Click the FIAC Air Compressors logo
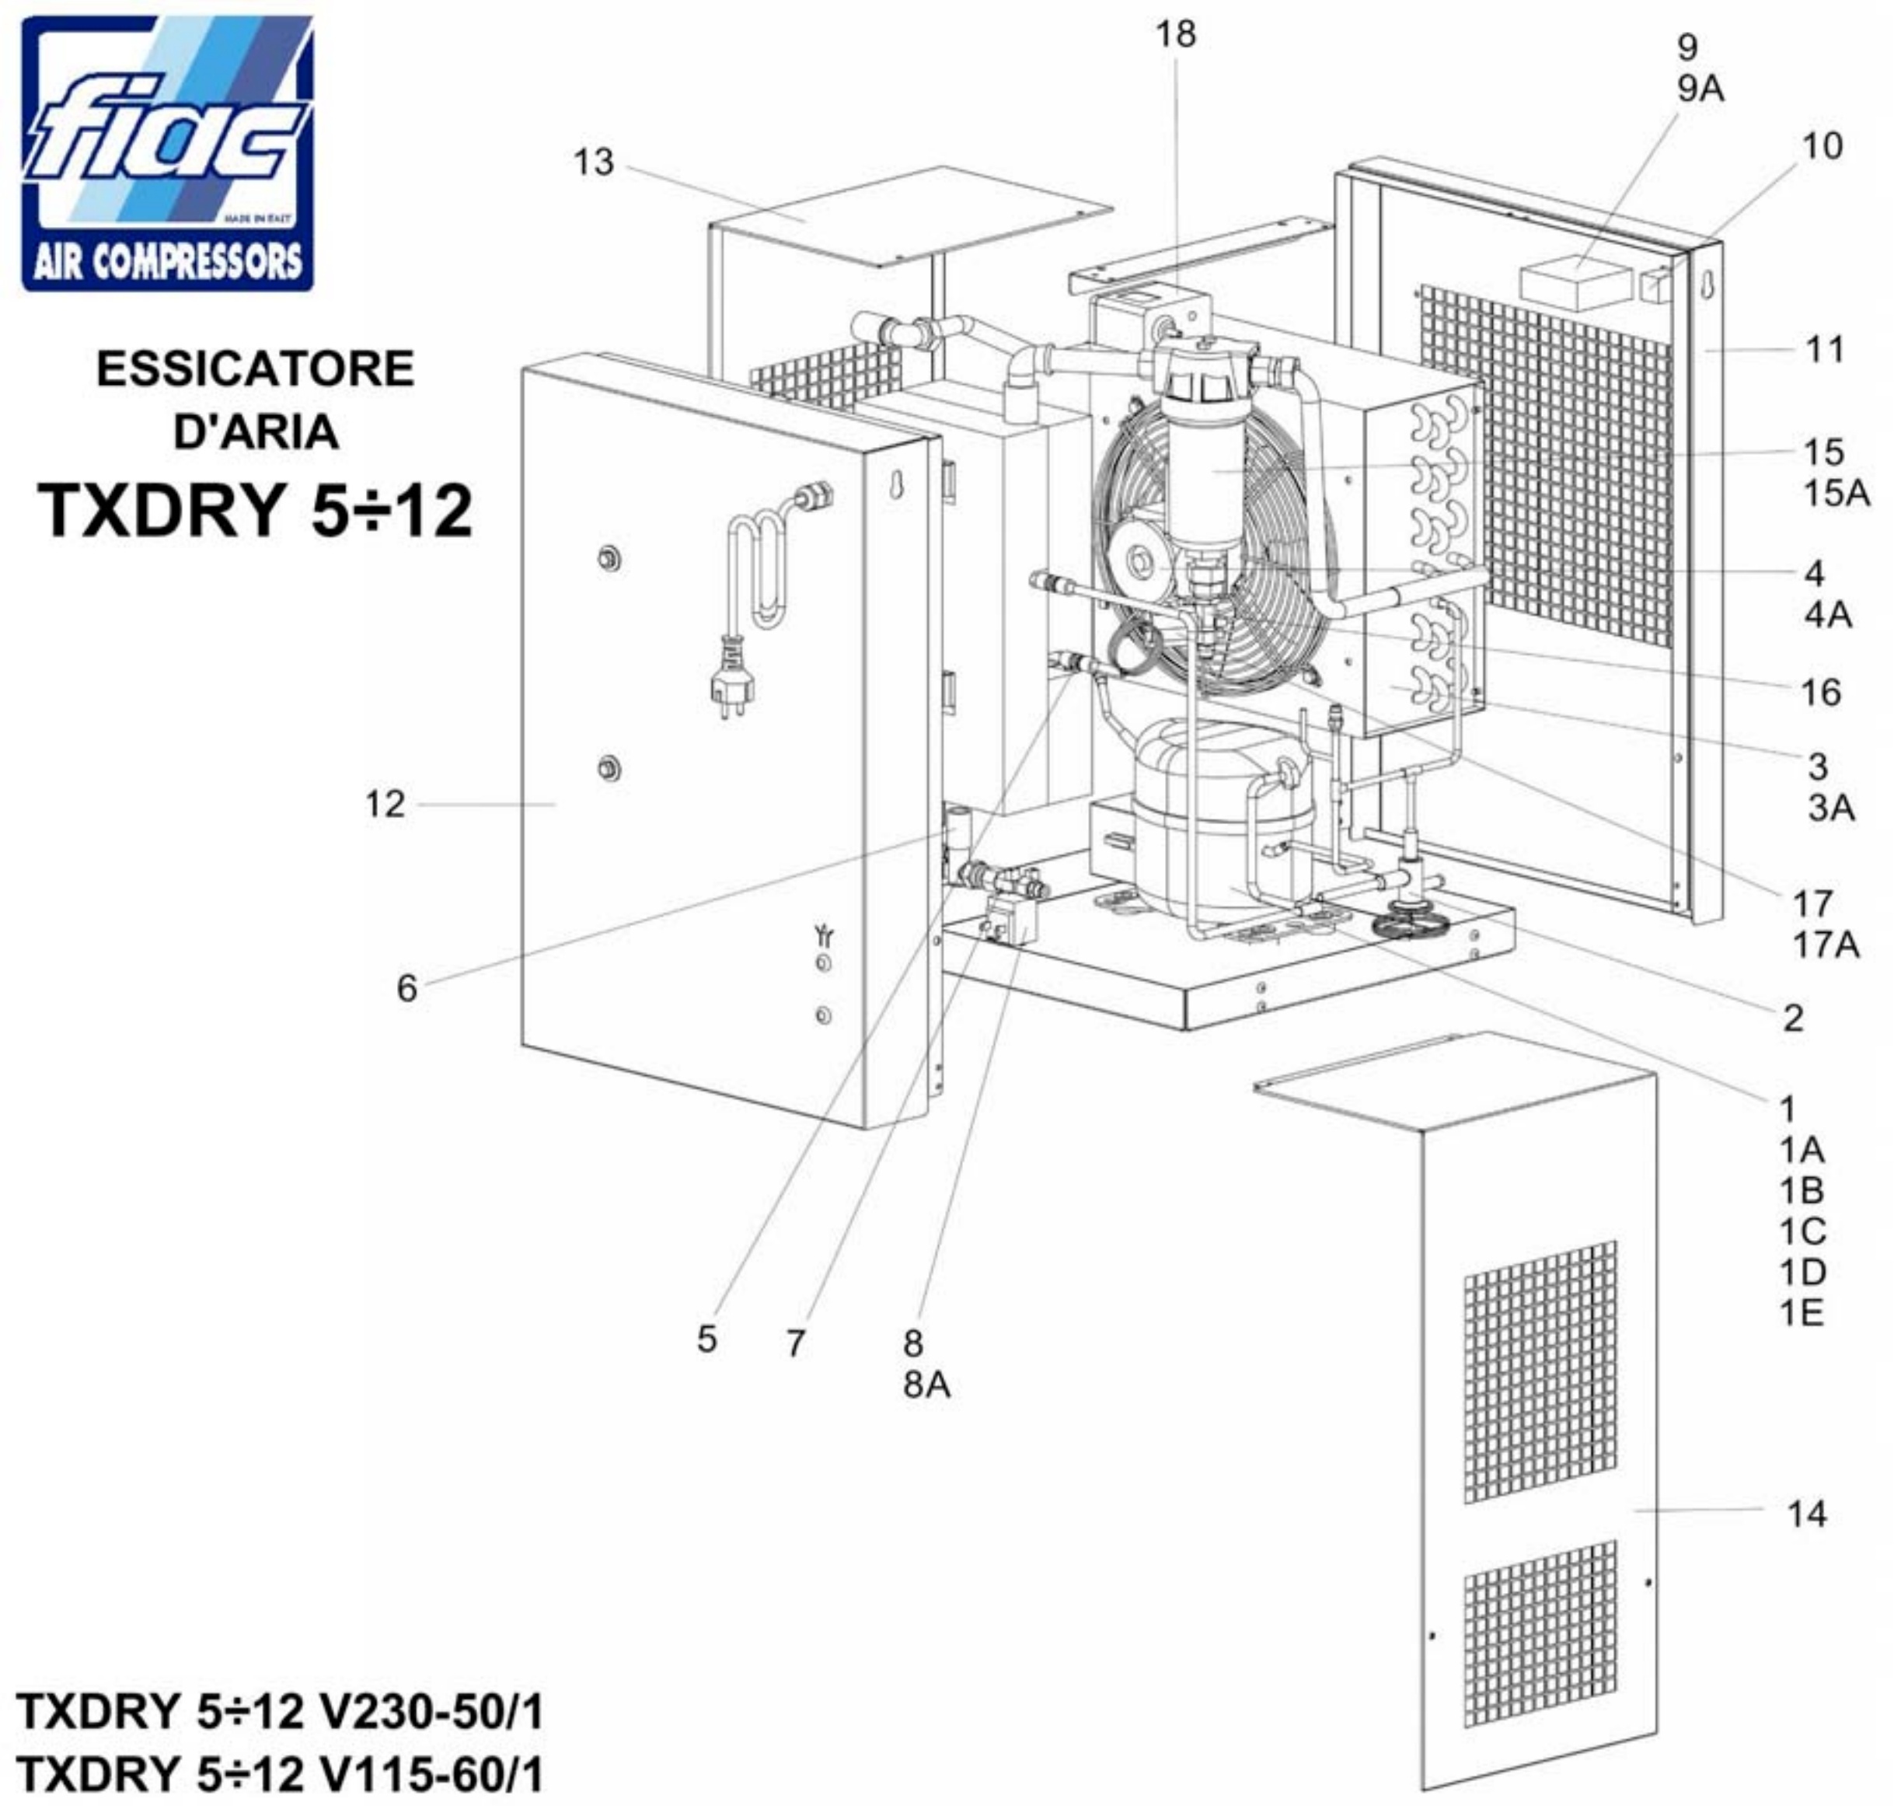coord(167,153)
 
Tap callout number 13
coord(593,162)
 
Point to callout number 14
coord(1806,1514)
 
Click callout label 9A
coord(1700,89)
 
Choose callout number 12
coord(385,804)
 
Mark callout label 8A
coord(926,1385)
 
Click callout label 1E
coord(1801,1312)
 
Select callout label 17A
coord(1826,945)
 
